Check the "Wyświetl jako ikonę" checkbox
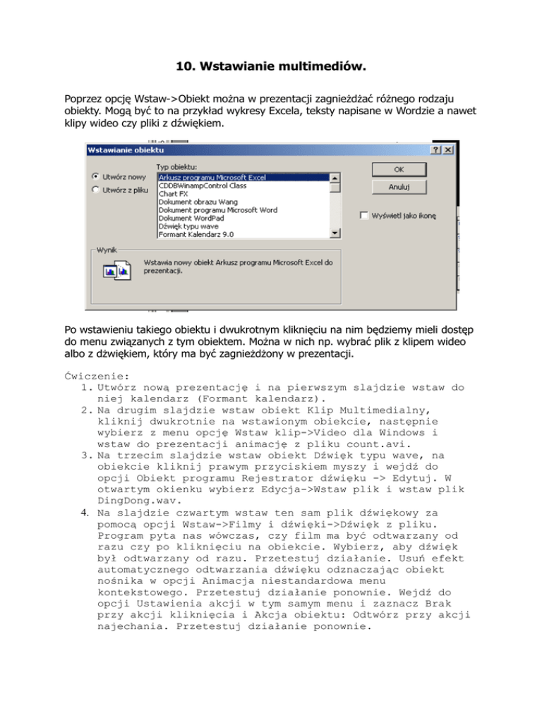click(x=364, y=215)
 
